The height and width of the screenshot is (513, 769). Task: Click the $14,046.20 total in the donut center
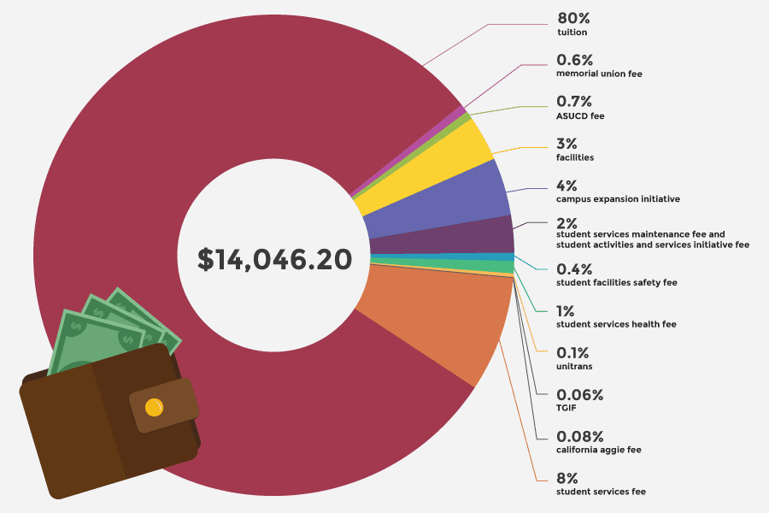pyautogui.click(x=274, y=259)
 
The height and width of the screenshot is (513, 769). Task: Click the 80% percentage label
pyautogui.click(x=573, y=18)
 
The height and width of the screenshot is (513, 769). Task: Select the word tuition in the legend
pyautogui.click(x=572, y=33)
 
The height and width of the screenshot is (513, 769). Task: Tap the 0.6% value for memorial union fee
pyautogui.click(x=574, y=60)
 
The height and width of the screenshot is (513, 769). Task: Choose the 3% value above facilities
pyautogui.click(x=567, y=144)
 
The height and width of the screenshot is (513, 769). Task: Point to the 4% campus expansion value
pyautogui.click(x=567, y=185)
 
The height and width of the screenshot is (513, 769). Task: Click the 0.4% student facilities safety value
pyautogui.click(x=574, y=268)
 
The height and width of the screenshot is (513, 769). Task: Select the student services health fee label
pyautogui.click(x=616, y=325)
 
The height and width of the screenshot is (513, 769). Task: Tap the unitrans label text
pyautogui.click(x=574, y=367)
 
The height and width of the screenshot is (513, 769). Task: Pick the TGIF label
pyautogui.click(x=567, y=409)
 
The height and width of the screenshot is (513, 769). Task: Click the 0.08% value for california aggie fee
pyautogui.click(x=580, y=436)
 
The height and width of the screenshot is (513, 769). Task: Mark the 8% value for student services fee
pyautogui.click(x=567, y=478)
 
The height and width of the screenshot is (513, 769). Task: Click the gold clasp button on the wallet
pyautogui.click(x=155, y=408)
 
